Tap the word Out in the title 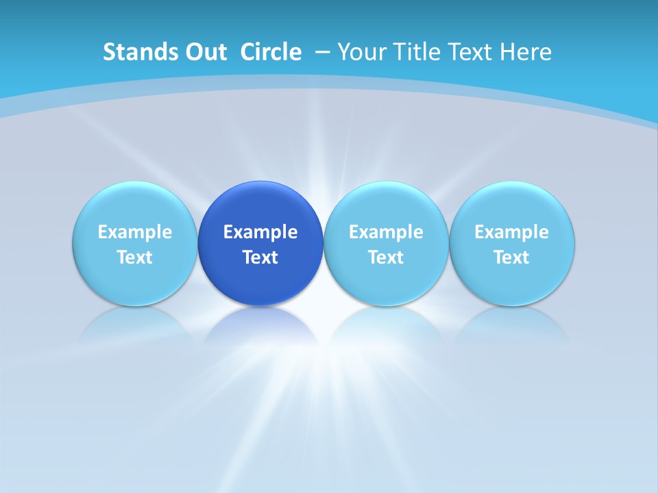[204, 52]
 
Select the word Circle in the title [271, 52]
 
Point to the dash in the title [322, 52]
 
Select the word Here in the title [524, 52]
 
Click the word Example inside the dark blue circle [260, 232]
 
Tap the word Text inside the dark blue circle [260, 257]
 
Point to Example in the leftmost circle [134, 232]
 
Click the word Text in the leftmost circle [134, 257]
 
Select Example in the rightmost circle [512, 232]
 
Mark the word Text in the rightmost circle [512, 257]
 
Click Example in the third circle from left [386, 232]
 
